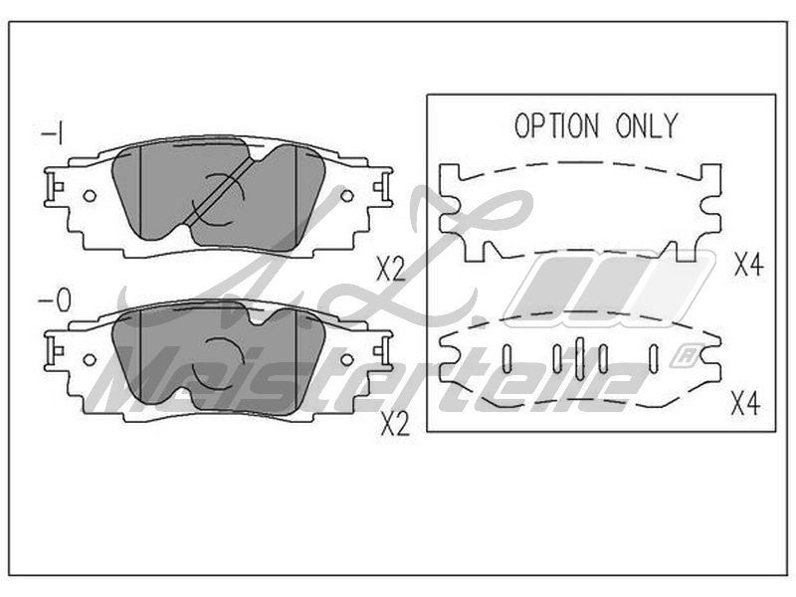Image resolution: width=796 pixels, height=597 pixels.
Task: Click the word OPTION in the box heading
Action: pos(557,126)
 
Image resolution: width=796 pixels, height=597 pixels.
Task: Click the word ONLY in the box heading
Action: pos(647,126)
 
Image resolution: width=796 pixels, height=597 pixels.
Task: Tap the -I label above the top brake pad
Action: pos(52,134)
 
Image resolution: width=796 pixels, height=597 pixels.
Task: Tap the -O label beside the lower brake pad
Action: pos(55,301)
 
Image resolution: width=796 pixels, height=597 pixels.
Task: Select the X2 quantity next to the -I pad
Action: pos(391,269)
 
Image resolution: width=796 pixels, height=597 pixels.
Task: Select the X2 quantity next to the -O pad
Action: pos(395,424)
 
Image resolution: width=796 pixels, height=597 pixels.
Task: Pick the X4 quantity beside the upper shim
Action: pos(749,264)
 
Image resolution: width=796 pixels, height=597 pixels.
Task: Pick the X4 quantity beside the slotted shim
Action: pos(745,404)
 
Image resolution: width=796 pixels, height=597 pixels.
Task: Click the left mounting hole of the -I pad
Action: pos(90,195)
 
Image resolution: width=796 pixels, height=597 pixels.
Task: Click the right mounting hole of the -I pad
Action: pos(346,195)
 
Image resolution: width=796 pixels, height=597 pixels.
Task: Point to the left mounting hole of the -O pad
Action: pos(90,359)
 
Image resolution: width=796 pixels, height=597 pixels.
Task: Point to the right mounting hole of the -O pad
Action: pos(346,359)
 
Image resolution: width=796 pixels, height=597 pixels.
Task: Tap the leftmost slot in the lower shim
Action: pos(506,359)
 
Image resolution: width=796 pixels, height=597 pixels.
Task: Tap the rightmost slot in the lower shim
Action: pos(654,359)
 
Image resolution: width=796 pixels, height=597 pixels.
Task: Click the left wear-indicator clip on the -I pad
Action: pos(54,187)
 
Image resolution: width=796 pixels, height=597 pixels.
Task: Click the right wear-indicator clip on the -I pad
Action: pos(382,187)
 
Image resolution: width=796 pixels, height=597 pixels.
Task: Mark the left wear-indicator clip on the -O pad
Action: pos(54,351)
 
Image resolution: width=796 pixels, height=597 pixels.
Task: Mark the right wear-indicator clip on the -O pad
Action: pos(382,351)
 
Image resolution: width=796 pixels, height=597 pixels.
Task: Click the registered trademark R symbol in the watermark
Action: pos(688,356)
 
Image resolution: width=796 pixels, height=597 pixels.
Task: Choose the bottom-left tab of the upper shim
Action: pos(477,252)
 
